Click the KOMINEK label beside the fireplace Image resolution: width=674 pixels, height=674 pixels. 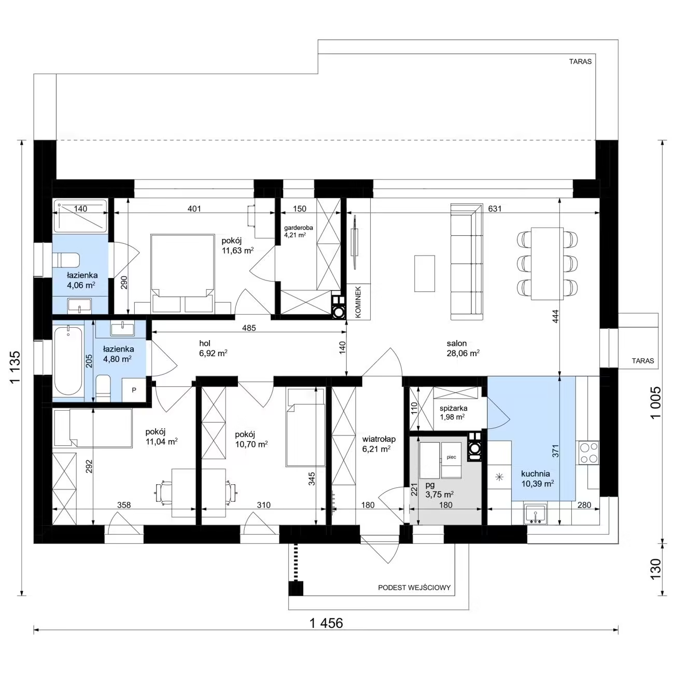pyautogui.click(x=358, y=302)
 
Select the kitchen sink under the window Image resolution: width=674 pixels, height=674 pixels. pyautogui.click(x=535, y=514)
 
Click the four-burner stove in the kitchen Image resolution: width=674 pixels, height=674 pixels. pyautogui.click(x=588, y=453)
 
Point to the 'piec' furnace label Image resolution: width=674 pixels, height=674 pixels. pyautogui.click(x=451, y=457)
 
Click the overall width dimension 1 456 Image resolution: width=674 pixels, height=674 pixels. pyautogui.click(x=326, y=623)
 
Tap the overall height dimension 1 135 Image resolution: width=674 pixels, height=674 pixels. pyautogui.click(x=16, y=367)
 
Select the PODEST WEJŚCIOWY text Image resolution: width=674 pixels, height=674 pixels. pyautogui.click(x=414, y=587)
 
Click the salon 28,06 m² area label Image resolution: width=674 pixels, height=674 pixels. pyautogui.click(x=463, y=348)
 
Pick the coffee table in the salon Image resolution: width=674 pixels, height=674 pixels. pyautogui.click(x=425, y=273)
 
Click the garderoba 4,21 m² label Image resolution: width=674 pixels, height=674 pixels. pyautogui.click(x=298, y=231)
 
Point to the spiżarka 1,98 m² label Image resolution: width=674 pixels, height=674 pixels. pyautogui.click(x=453, y=412)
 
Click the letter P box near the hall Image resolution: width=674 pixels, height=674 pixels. pyautogui.click(x=134, y=390)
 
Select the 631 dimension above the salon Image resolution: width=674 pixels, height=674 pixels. pyautogui.click(x=495, y=209)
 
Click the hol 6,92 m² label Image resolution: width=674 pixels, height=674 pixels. pyautogui.click(x=213, y=348)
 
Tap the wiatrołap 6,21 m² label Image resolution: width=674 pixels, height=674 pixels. pyautogui.click(x=379, y=444)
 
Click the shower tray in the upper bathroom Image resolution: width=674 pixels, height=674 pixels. pyautogui.click(x=80, y=216)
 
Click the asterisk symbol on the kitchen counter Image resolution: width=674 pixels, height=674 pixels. pyautogui.click(x=499, y=476)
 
